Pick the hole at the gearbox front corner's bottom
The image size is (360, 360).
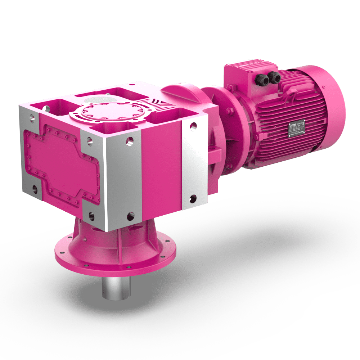point(129,217)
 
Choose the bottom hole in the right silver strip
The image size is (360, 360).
point(193,198)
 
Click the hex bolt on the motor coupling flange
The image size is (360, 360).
point(229,110)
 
